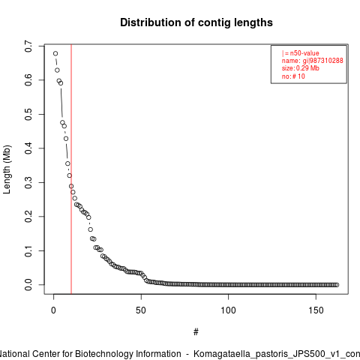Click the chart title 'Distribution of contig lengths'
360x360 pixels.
coord(196,22)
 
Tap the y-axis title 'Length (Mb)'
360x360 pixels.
coord(7,169)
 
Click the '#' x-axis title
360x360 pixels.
coord(196,332)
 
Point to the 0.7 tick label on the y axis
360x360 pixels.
coord(28,46)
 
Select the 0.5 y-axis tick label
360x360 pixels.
coord(28,114)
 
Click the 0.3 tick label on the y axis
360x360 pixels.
coord(28,182)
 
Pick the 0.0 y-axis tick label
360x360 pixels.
coord(28,285)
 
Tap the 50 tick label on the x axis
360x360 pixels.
coord(141,310)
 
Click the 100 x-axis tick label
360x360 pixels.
coord(228,310)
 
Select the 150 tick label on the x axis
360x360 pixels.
coord(316,310)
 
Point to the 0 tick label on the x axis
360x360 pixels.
coord(53,310)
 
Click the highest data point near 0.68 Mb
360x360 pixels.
coord(55,53)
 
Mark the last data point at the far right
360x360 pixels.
coord(337,285)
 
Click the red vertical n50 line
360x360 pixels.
coord(71,169)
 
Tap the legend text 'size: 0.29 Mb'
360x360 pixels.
coord(301,68)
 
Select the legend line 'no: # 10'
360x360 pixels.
coord(293,76)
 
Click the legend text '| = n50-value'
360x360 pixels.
coord(301,53)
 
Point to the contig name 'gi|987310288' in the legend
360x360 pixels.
coord(323,61)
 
